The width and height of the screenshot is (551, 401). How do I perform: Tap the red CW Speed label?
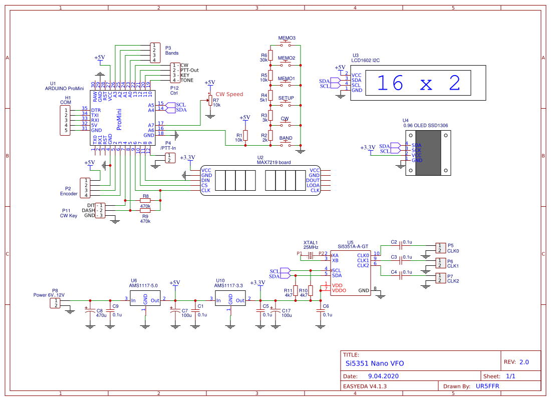pyautogui.click(x=229, y=94)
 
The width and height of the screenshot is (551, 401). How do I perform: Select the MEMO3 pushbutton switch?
pyautogui.click(x=287, y=46)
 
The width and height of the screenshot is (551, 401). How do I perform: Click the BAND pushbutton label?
pyautogui.click(x=286, y=138)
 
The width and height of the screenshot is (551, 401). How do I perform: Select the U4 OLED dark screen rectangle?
pyautogui.click(x=429, y=153)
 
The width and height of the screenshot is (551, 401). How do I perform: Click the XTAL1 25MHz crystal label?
pyautogui.click(x=311, y=244)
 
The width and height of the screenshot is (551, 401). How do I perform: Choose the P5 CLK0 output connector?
pyautogui.click(x=439, y=248)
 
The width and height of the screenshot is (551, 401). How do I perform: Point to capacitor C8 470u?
pyautogui.click(x=90, y=312)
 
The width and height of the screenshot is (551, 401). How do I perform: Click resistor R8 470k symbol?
pyautogui.click(x=145, y=201)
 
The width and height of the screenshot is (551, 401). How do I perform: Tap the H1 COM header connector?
pyautogui.click(x=65, y=120)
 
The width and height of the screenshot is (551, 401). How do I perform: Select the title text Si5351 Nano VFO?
pyautogui.click(x=375, y=363)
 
